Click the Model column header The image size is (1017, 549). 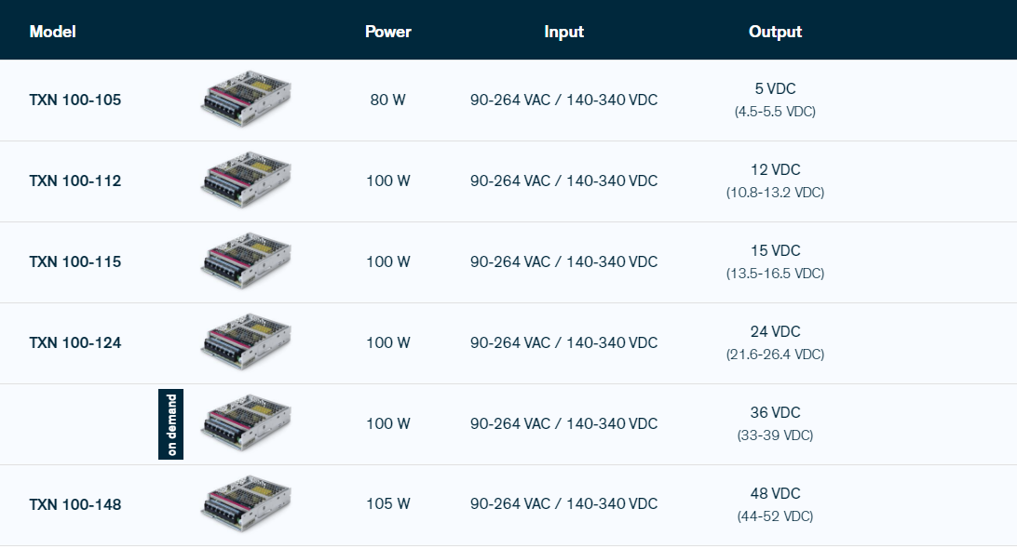pos(52,32)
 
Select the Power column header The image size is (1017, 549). pos(387,32)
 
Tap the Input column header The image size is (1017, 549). pos(563,32)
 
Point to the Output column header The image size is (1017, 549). pos(775,32)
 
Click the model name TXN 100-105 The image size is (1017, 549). pos(75,100)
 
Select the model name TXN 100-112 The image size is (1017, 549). pos(75,181)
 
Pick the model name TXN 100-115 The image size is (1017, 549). pos(75,261)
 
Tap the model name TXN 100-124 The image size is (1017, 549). pos(75,342)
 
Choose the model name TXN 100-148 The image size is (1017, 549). pos(75,504)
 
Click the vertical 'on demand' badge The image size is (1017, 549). pos(170,424)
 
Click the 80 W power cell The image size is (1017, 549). pos(387,100)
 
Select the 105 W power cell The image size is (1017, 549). pos(387,503)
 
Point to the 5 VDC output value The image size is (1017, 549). pos(775,88)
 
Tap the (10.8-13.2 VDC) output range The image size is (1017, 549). pos(775,193)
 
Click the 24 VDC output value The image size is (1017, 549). pos(775,332)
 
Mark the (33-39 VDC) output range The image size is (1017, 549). pos(775,435)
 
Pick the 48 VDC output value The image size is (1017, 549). pos(775,493)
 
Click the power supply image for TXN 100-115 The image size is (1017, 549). pos(246,261)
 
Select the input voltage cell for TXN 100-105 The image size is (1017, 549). pos(563,100)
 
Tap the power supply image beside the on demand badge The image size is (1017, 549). pos(246,423)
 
